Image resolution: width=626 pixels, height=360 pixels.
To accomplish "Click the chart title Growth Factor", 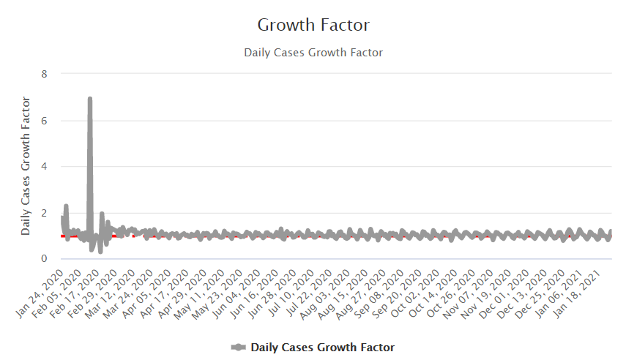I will tap(313, 25).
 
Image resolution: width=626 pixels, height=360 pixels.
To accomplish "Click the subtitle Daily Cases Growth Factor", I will tap(313, 53).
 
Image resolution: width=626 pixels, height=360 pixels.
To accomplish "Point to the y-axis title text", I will tap(26, 165).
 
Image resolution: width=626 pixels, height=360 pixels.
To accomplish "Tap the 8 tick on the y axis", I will tap(45, 74).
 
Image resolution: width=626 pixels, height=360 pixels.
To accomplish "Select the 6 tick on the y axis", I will tap(45, 120).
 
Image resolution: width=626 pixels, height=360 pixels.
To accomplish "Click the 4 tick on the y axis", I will tap(45, 166).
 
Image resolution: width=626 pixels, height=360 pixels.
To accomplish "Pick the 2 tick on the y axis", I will tap(45, 213).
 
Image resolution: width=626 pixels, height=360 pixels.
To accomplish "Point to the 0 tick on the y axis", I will tap(45, 259).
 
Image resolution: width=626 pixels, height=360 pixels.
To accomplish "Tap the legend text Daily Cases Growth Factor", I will tap(322, 348).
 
